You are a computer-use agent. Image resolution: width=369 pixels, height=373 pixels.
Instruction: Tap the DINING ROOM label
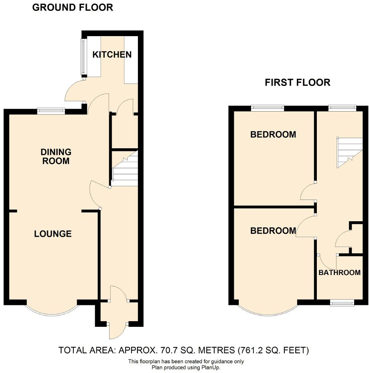(x=56, y=157)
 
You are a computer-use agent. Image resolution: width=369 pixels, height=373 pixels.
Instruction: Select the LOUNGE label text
(x=53, y=234)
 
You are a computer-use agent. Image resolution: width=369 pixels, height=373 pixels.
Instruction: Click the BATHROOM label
(x=339, y=273)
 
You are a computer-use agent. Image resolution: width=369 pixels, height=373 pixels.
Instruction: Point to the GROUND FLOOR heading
(x=72, y=7)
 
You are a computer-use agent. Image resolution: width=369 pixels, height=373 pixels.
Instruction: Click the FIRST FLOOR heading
(x=297, y=83)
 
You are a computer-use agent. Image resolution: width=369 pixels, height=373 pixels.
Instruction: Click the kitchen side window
(x=83, y=57)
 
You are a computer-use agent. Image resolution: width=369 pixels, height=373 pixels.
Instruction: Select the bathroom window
(x=342, y=302)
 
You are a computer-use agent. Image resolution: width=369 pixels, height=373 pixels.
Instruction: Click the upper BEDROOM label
(x=273, y=135)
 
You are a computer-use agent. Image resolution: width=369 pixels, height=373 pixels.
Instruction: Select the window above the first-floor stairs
(x=342, y=108)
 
